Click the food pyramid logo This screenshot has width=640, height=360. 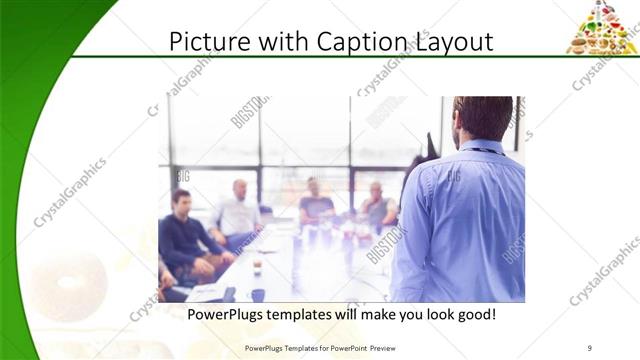[602, 27]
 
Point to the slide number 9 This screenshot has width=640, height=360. [590, 348]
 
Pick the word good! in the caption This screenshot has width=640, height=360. [475, 315]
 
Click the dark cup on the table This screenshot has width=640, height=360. [258, 295]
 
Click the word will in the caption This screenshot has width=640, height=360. [363, 315]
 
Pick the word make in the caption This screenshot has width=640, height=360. [397, 315]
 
